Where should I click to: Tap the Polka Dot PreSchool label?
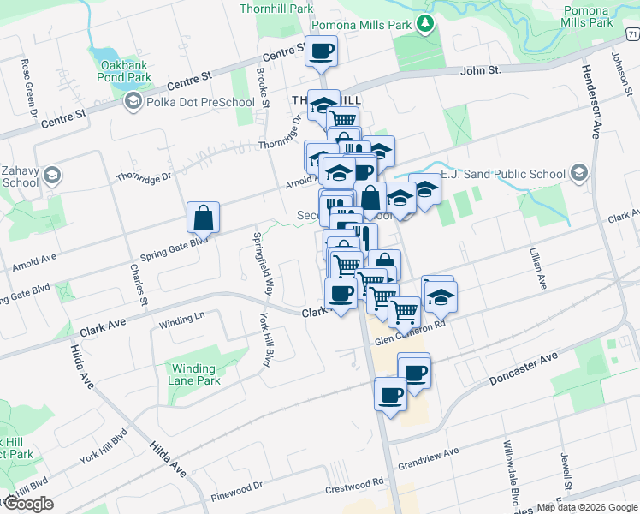200,103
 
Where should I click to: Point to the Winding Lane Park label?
195,374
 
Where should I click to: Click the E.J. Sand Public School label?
503,174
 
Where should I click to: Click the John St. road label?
480,70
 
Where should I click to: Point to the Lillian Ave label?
536,270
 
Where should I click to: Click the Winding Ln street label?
182,320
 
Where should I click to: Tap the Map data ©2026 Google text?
586,507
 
